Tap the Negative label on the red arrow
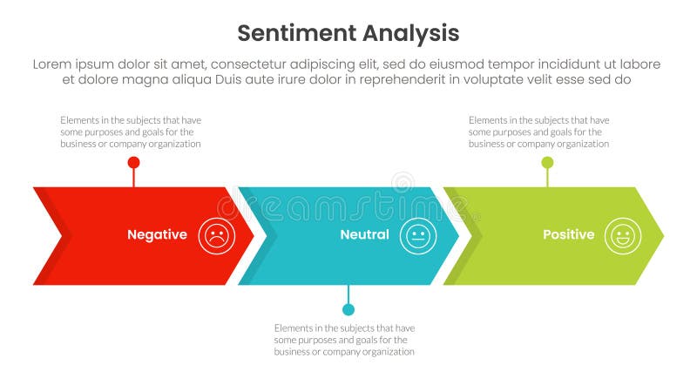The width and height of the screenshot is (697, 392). [157, 234]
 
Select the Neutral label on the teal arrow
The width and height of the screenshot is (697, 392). [364, 234]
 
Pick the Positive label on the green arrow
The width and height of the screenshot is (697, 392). [568, 234]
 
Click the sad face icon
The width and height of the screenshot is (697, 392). [216, 235]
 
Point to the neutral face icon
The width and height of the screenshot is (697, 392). [418, 235]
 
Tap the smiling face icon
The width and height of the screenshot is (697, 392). [623, 235]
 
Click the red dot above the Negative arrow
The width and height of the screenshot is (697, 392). [133, 163]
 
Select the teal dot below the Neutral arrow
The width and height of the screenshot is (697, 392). [348, 309]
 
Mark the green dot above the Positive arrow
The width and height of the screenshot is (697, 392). [547, 163]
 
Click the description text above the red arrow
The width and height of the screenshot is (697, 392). [131, 132]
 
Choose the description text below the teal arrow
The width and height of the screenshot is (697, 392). [344, 340]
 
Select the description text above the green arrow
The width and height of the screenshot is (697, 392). [538, 132]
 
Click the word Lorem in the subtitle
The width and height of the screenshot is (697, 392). [53, 64]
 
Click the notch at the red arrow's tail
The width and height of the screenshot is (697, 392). [59, 235]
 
